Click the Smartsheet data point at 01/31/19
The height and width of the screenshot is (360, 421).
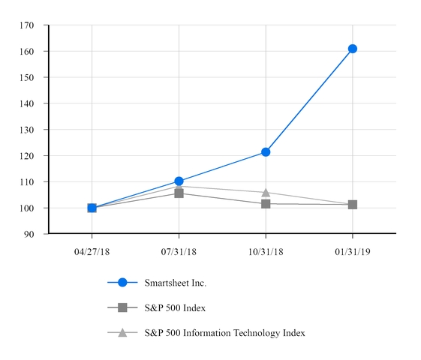353,49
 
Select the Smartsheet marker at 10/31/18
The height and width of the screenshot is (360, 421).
266,152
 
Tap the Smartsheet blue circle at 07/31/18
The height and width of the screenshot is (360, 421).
179,181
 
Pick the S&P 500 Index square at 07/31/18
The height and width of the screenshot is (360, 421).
179,193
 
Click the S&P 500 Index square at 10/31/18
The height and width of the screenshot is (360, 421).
266,204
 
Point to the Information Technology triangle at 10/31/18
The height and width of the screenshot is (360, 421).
266,193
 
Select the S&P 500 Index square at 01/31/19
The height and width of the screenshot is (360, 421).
353,205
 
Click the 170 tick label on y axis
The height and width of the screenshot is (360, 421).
27,25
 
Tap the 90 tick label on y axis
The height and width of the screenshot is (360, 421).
29,234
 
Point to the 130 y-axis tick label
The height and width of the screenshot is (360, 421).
27,130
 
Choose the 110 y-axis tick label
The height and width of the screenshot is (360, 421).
27,182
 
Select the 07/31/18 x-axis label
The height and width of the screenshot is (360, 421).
179,250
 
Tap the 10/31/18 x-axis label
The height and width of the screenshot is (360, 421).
266,250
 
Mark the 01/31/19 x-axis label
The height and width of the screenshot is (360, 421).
353,250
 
